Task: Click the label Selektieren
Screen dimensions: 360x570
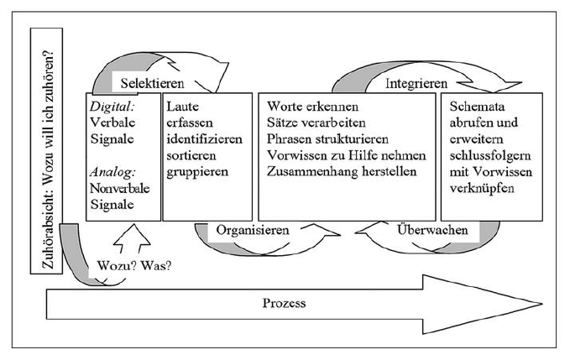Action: coord(152,84)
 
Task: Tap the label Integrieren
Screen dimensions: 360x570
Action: coord(416,84)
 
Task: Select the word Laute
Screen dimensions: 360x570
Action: coord(182,107)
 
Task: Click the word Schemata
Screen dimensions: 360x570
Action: coord(477,107)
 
